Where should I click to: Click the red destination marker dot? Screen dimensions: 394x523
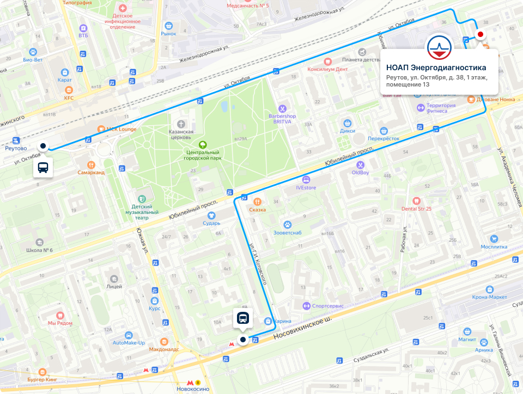coord(480,34)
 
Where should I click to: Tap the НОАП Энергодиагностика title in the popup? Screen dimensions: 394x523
coord(436,68)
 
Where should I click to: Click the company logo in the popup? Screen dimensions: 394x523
coord(439,47)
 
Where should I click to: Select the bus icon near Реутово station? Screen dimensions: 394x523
coord(43,168)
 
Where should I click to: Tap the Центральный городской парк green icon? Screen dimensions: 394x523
coord(203,144)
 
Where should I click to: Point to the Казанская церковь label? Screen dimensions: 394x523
coord(181,134)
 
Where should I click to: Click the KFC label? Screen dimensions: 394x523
coord(68,98)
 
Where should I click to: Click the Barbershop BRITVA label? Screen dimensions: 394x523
coord(282,119)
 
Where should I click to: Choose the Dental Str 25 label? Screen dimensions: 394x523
coord(416,208)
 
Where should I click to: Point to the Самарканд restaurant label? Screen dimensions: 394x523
coord(91,172)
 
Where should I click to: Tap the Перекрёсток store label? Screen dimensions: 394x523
coord(384,138)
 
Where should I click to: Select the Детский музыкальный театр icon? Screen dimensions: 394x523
coord(142,199)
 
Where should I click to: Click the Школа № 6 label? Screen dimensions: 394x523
coord(39,250)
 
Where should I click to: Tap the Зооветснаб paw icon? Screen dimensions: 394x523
coord(287,224)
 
